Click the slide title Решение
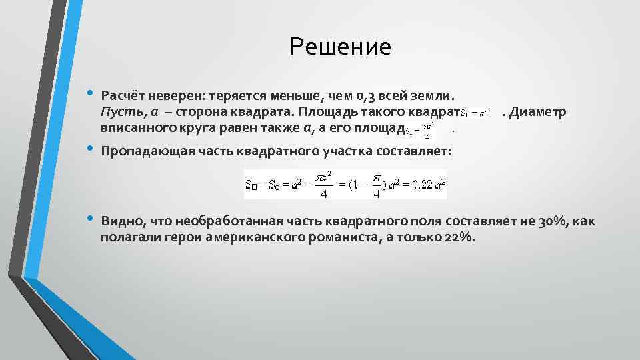tap(340, 47)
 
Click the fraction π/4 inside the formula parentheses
tap(377, 185)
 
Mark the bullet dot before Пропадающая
tap(89, 149)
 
